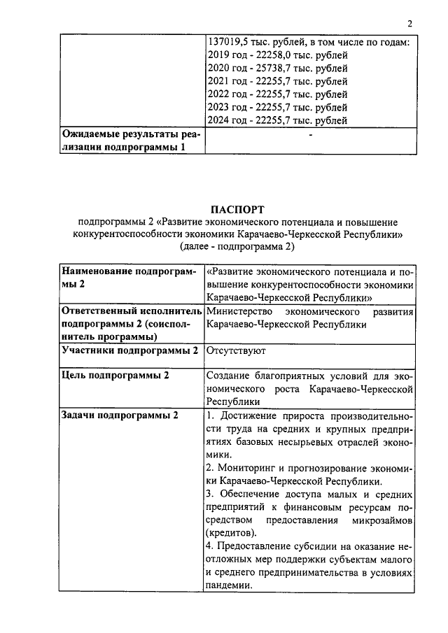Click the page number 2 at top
410,24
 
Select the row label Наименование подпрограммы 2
129,277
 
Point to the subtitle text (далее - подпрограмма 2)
237,247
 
